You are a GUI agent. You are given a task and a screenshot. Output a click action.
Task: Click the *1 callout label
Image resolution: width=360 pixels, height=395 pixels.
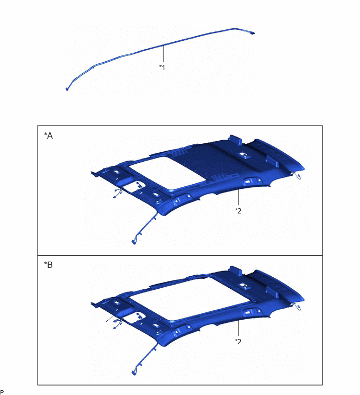162,67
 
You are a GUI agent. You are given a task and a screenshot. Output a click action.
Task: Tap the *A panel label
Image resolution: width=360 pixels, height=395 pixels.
48,136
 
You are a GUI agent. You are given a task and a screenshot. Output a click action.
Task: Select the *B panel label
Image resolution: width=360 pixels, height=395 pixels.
48,265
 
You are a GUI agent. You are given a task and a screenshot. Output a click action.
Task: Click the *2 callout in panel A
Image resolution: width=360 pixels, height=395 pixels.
238,211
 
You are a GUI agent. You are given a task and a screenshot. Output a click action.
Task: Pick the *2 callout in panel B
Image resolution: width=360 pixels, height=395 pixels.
238,341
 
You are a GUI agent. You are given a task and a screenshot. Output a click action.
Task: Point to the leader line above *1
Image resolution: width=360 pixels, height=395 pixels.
163,53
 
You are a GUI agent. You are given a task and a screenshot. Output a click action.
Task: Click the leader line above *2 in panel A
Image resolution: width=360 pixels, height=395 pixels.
238,197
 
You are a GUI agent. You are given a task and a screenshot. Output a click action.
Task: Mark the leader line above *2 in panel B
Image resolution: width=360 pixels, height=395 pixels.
238,328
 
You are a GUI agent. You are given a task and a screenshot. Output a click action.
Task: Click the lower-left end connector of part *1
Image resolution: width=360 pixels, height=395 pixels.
67,89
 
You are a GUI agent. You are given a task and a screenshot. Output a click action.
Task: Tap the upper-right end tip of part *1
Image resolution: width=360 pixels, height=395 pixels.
253,33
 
